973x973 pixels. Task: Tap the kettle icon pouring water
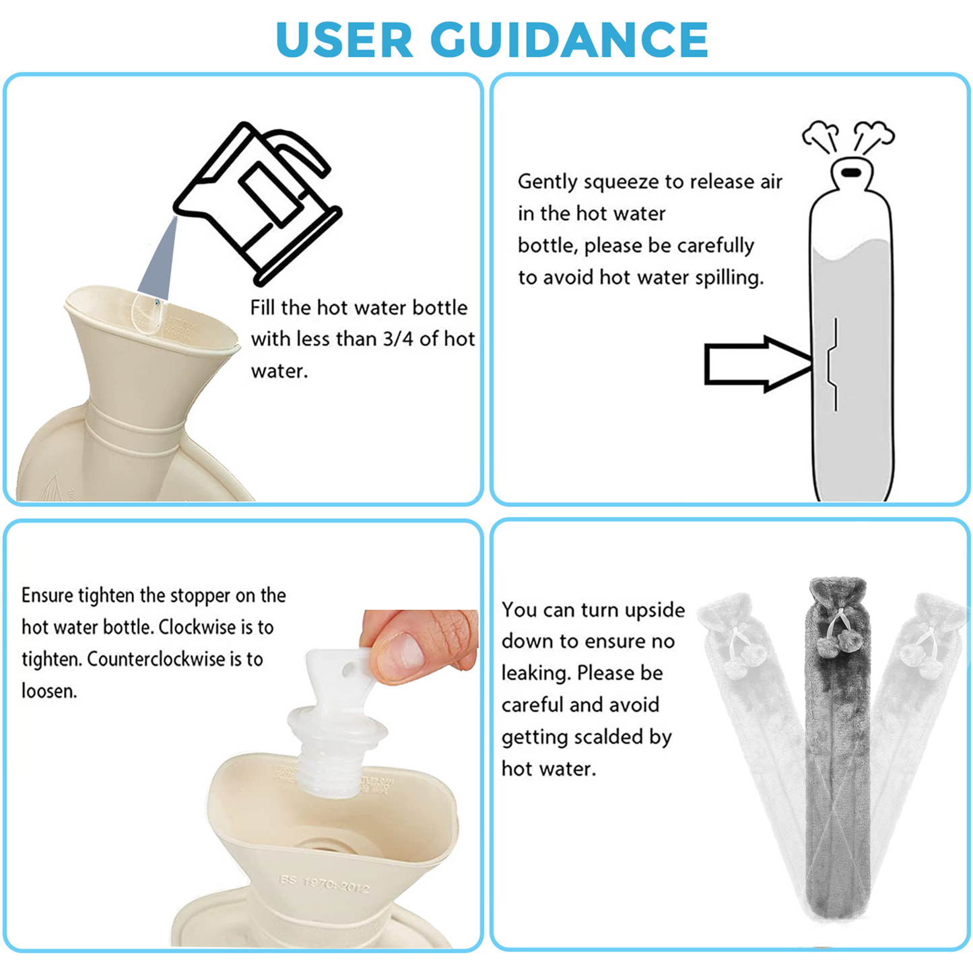coord(257,202)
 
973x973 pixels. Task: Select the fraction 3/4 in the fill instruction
coord(399,339)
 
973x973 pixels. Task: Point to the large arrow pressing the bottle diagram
coord(758,364)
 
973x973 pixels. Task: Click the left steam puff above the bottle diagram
coord(821,135)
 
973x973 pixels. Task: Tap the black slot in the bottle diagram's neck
coord(852,172)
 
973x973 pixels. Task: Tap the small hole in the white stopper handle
coord(348,671)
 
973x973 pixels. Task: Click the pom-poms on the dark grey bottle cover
coord(838,644)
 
